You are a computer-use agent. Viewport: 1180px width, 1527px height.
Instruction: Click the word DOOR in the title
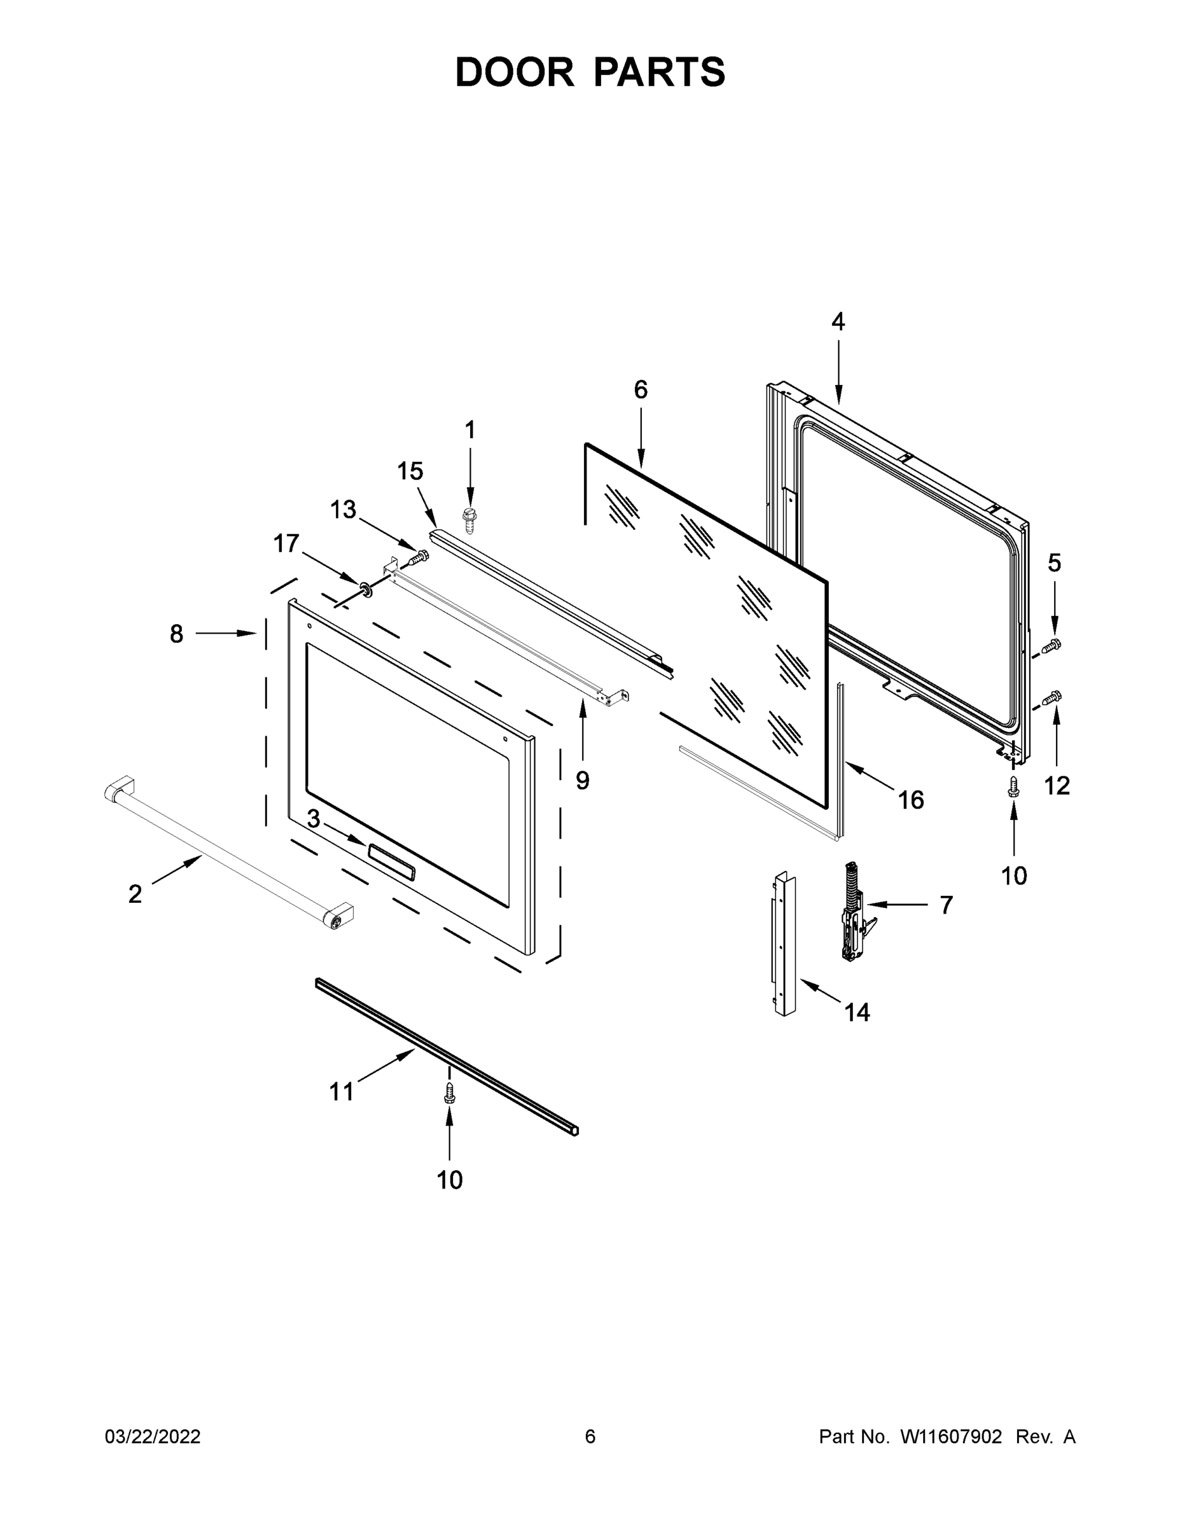514,73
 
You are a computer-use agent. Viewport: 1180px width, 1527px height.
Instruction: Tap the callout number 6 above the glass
641,389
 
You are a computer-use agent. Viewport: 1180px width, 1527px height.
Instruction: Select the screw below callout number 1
469,519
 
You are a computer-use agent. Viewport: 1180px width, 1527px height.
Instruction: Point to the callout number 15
410,471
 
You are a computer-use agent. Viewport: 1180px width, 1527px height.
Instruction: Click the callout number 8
176,634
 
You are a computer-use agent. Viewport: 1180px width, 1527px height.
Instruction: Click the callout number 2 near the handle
135,893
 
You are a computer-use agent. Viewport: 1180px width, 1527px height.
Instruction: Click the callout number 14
857,1012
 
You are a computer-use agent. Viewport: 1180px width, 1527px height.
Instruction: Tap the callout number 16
911,799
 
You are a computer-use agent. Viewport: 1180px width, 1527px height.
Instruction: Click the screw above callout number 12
1052,697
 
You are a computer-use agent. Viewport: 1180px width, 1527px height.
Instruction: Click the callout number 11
341,1091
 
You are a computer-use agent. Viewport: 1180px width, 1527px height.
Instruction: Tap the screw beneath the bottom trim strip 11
450,1093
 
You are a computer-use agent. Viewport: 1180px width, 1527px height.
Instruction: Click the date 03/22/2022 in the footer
153,1437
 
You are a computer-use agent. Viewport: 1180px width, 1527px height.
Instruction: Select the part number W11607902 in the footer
951,1437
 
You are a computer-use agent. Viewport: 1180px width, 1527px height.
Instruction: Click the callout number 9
582,780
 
